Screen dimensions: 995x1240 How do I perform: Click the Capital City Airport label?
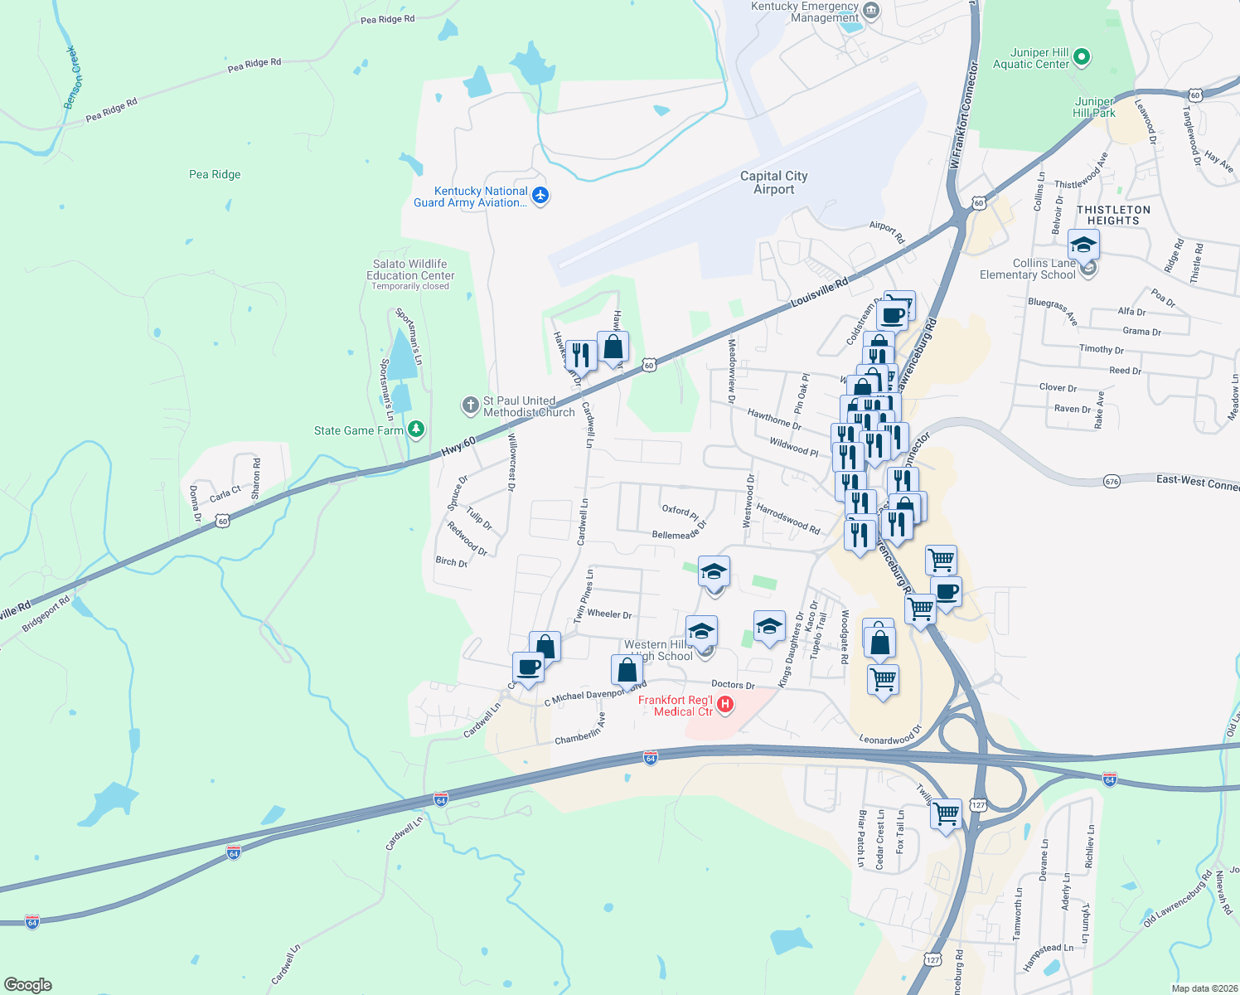pyautogui.click(x=773, y=182)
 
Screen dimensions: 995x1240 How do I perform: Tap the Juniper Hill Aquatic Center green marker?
pyautogui.click(x=1081, y=57)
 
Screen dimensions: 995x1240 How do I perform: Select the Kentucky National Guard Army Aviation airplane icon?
pyautogui.click(x=540, y=196)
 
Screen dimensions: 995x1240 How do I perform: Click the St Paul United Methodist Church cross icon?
pyautogui.click(x=470, y=405)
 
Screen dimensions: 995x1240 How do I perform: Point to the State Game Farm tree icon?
pyautogui.click(x=416, y=430)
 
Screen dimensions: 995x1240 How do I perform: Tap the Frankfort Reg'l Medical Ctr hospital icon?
pyautogui.click(x=725, y=705)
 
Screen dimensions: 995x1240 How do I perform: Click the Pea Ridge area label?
pyautogui.click(x=215, y=174)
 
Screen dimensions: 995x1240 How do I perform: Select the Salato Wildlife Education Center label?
pyautogui.click(x=410, y=270)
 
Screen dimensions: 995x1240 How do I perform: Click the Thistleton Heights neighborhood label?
pyautogui.click(x=1113, y=215)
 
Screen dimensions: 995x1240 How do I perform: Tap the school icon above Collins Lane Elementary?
pyautogui.click(x=1083, y=245)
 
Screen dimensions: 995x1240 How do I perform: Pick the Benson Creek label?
pyautogui.click(x=74, y=78)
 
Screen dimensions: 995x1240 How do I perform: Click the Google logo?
pyautogui.click(x=28, y=984)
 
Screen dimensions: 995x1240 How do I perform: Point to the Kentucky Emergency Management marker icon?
pyautogui.click(x=871, y=11)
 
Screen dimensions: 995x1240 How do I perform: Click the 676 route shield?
pyautogui.click(x=1112, y=481)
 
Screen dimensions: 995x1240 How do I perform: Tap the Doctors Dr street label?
pyautogui.click(x=733, y=685)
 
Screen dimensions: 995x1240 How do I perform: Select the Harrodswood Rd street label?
pyautogui.click(x=787, y=517)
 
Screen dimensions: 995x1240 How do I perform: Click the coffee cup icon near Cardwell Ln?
pyautogui.click(x=528, y=667)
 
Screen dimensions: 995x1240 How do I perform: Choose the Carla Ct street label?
pyautogui.click(x=225, y=493)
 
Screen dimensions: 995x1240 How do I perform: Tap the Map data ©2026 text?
pyautogui.click(x=1201, y=988)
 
